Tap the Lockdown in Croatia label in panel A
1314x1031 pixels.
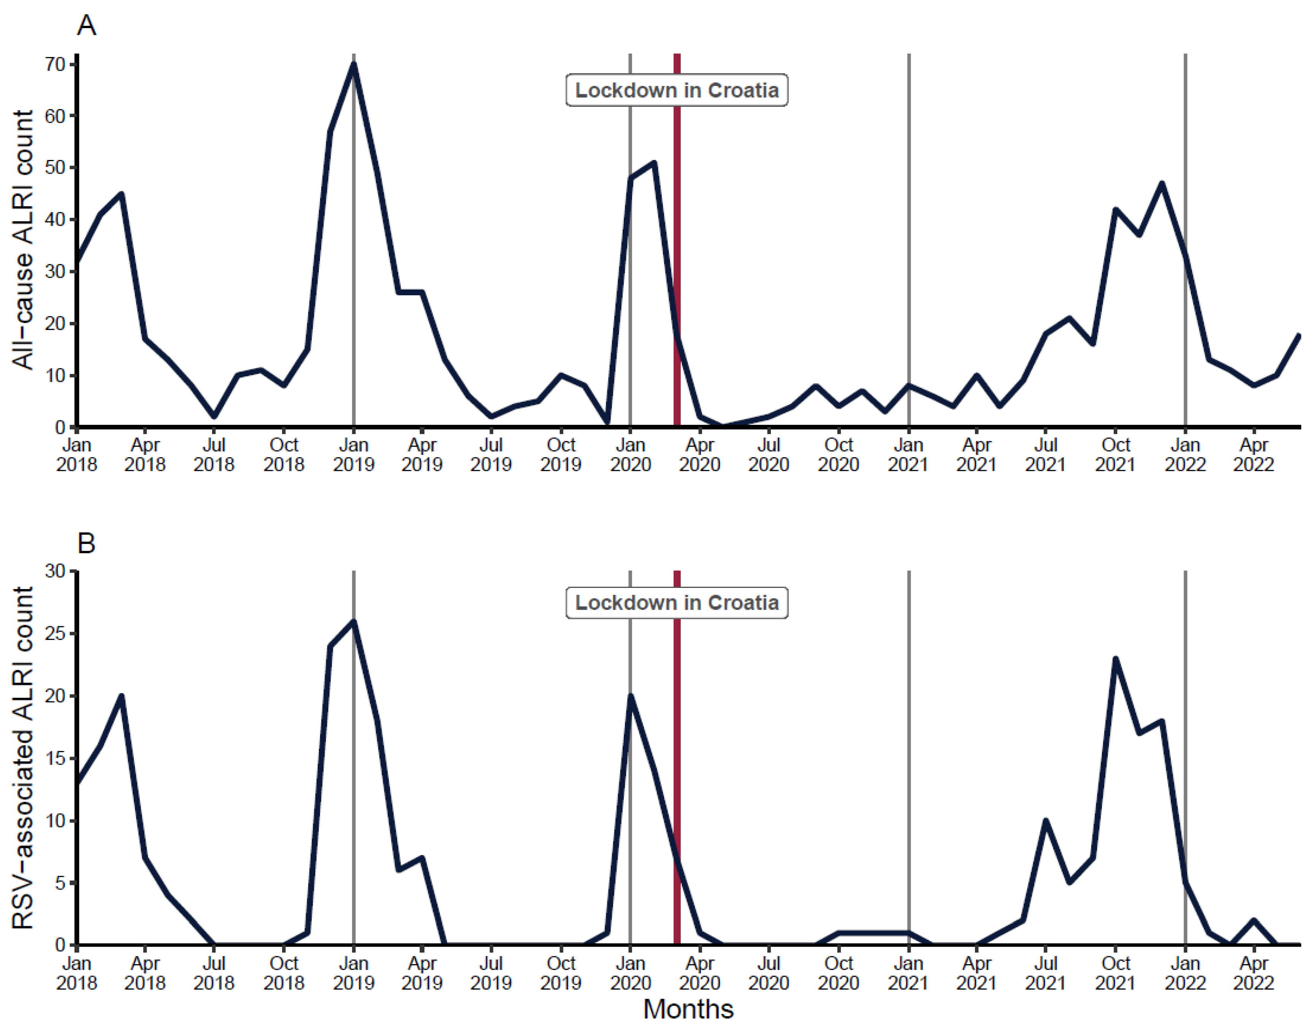(x=677, y=90)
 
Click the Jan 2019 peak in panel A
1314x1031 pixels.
(x=354, y=63)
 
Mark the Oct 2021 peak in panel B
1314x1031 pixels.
(x=1116, y=659)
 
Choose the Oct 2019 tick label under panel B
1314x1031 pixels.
(x=561, y=973)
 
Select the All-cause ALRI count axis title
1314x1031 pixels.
(x=23, y=240)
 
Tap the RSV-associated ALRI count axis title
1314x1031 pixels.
(x=23, y=757)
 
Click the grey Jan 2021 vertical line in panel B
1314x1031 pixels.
(x=909, y=755)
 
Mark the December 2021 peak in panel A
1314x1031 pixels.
(x=1162, y=184)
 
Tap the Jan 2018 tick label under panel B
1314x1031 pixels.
(x=77, y=973)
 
